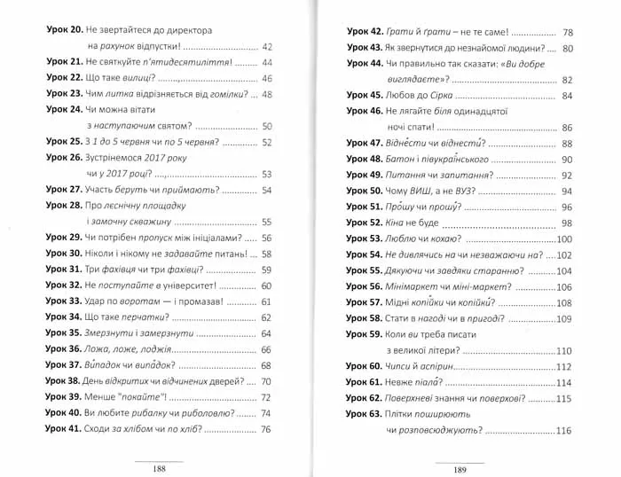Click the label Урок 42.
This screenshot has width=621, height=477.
coord(364,30)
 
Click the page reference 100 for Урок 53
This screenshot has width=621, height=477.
coord(564,239)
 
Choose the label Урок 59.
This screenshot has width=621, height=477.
coord(364,335)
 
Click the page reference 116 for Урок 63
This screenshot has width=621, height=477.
coord(564,431)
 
